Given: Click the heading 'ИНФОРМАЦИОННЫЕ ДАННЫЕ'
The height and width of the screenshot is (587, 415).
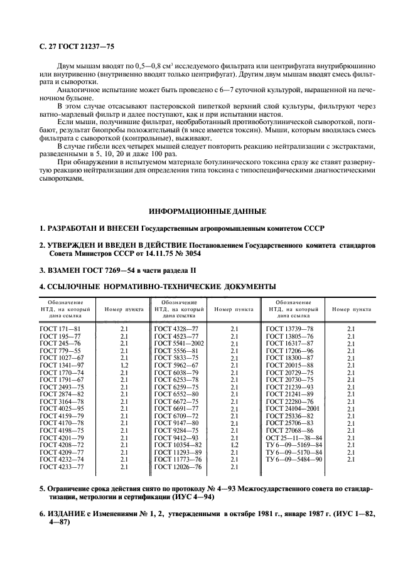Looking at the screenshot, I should click(x=207, y=211).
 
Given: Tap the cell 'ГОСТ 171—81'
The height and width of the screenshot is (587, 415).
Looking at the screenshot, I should click(x=60, y=328).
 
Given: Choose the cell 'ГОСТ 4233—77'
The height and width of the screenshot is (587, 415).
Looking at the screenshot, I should click(x=62, y=466).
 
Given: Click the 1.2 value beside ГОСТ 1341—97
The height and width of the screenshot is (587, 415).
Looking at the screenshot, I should click(x=124, y=364).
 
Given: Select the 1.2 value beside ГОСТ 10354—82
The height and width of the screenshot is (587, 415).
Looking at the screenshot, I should click(x=235, y=445).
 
